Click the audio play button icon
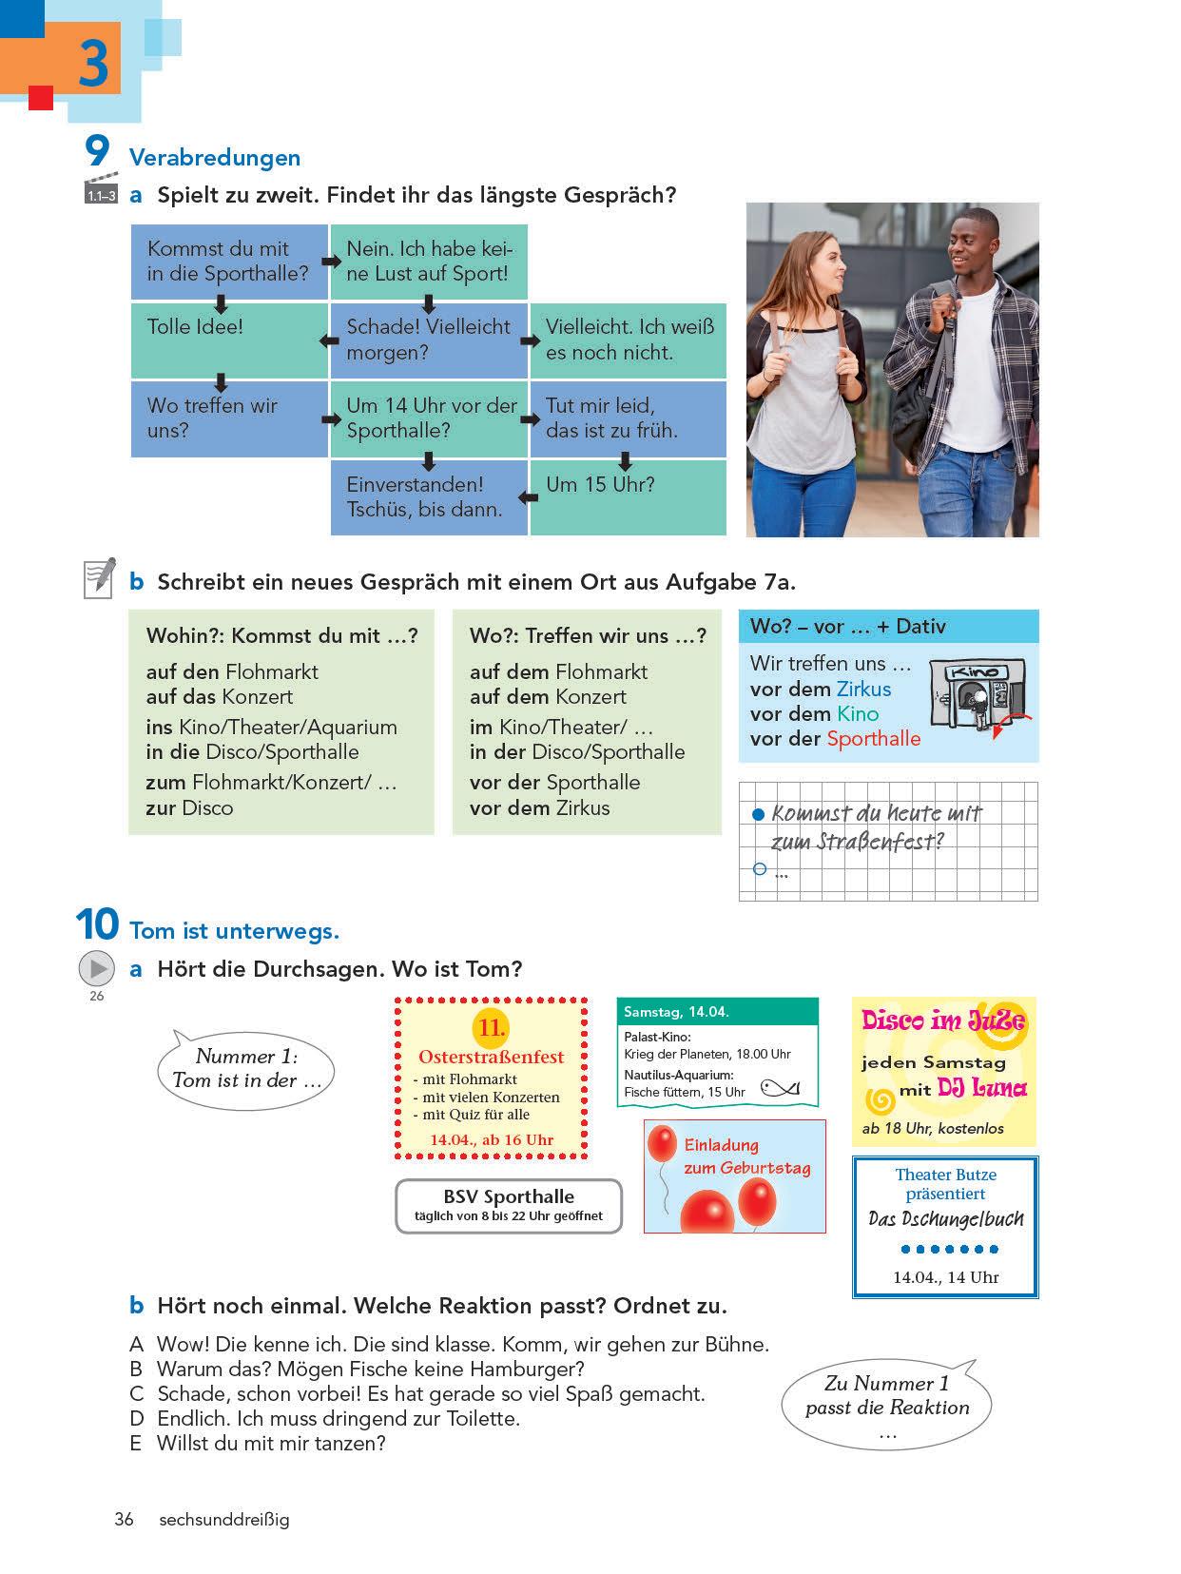(96, 969)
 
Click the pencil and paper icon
(100, 577)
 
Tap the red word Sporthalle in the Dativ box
(873, 739)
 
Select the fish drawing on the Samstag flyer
(780, 1088)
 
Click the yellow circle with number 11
(491, 1028)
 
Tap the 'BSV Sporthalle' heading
(509, 1196)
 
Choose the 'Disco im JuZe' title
(943, 1021)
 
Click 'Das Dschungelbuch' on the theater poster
(945, 1219)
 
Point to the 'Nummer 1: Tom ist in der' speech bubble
(246, 1068)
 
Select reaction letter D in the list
(136, 1419)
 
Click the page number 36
(124, 1519)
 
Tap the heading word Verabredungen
(215, 158)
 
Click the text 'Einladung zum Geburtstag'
(746, 1156)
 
